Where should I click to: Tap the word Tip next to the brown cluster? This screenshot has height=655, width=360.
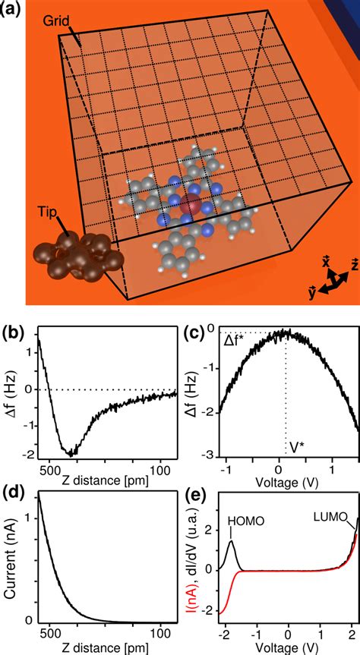(49, 212)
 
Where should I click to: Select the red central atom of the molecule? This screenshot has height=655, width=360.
(191, 206)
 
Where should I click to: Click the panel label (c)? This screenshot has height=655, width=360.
(194, 332)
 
